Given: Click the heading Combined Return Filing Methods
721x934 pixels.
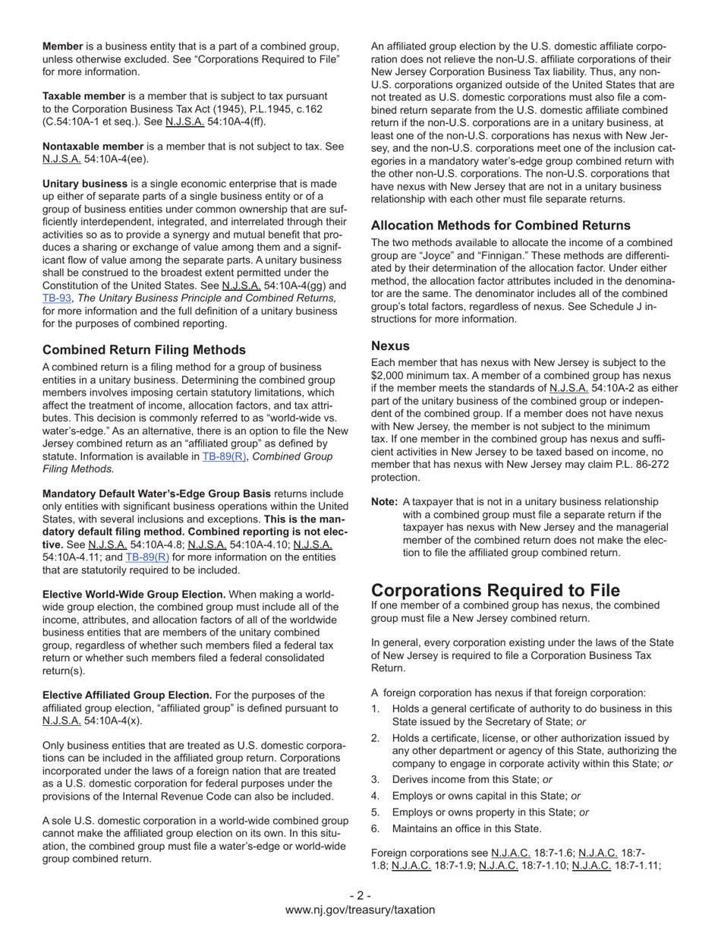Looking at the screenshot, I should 144,349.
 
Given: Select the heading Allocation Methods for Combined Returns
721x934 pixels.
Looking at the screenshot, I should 500,226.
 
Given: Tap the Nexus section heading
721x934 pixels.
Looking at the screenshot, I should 390,346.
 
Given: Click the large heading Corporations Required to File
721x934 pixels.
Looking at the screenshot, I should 495,590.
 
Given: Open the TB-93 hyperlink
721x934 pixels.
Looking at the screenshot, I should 55,298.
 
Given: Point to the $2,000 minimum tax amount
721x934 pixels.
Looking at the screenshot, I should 392,375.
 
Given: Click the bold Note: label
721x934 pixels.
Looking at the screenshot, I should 384,502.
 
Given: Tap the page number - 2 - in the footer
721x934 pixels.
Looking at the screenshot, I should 360,895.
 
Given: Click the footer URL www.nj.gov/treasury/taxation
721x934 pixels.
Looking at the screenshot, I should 360,910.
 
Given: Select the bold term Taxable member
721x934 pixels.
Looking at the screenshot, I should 83,96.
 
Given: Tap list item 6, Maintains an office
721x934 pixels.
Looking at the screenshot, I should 467,828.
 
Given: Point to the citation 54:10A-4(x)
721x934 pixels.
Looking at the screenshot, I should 113,721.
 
